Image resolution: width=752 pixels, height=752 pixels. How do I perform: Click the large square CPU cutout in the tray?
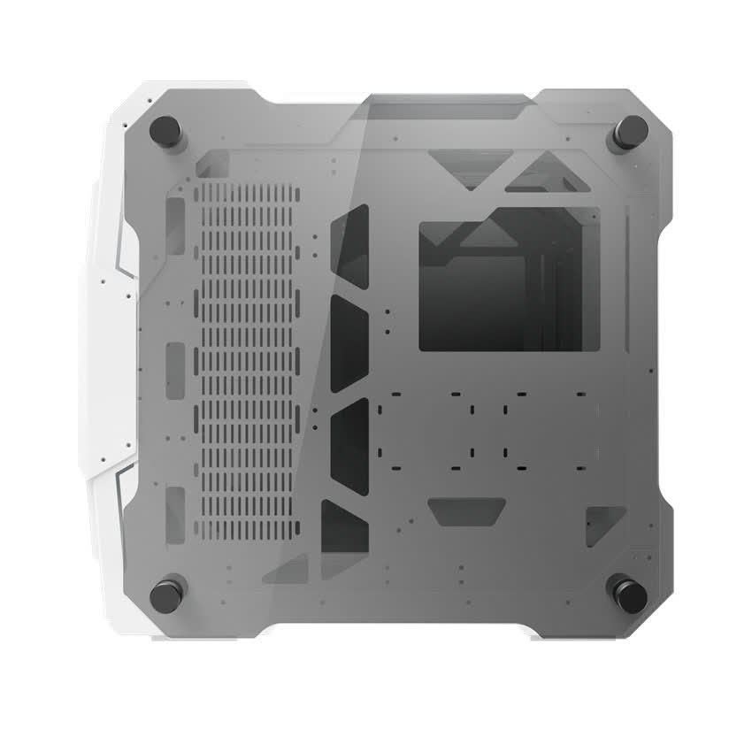coord(508,280)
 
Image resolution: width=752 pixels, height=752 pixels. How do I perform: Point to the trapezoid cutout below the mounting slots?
coord(466,511)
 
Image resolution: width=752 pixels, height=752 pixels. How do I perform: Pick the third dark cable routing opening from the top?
coord(348,441)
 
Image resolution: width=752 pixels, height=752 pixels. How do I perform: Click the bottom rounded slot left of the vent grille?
coord(174,507)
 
